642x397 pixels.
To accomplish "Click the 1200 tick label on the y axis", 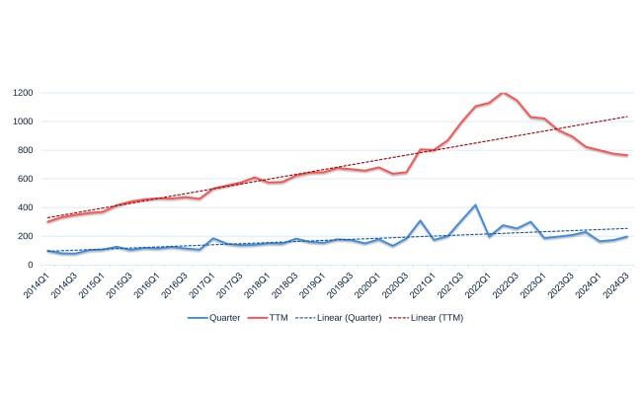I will tap(24, 93).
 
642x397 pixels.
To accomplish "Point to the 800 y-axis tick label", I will tap(26, 150).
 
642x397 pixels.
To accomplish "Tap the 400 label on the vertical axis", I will tap(26, 207).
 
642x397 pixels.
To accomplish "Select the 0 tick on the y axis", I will tap(32, 265).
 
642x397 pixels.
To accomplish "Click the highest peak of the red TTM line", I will tap(504, 93).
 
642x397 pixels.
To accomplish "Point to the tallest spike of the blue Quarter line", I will tap(476, 205).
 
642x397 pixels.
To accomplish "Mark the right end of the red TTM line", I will tap(627, 156).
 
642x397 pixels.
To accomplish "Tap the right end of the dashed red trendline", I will tap(627, 117).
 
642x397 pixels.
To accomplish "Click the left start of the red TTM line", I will tap(47, 222).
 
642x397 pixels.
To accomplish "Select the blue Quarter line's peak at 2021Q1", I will tap(421, 221).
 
